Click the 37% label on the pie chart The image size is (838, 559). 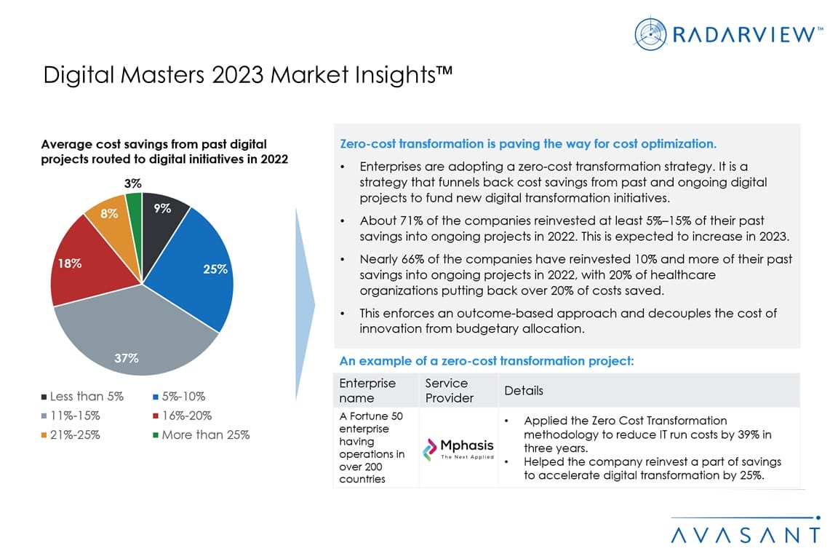click(127, 357)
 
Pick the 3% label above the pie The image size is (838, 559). click(132, 184)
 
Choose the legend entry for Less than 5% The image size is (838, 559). click(82, 397)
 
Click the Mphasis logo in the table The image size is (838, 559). click(458, 448)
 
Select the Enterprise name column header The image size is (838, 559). click(367, 391)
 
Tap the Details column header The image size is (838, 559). click(524, 391)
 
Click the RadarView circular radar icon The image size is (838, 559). click(650, 33)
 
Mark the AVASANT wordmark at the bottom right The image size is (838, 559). click(745, 535)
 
